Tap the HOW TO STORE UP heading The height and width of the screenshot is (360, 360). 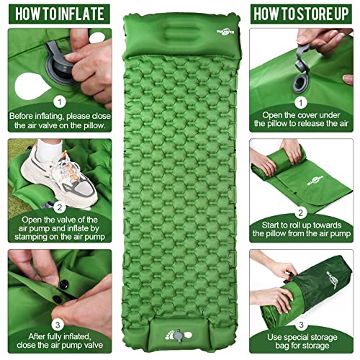pos(304,13)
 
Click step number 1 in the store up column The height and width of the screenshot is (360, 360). pos(304,102)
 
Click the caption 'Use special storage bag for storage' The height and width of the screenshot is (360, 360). pos(304,342)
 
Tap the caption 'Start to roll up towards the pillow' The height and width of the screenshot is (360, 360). pos(304,232)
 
